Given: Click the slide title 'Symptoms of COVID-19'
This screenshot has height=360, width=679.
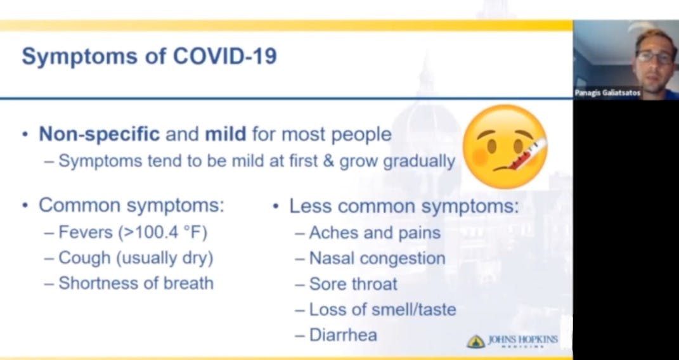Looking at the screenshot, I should pyautogui.click(x=149, y=56).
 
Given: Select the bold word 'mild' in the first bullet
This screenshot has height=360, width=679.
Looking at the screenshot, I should pyautogui.click(x=224, y=134).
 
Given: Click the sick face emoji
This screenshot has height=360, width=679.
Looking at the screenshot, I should pyautogui.click(x=504, y=146).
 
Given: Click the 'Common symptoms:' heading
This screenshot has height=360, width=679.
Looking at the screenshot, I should pyautogui.click(x=131, y=205).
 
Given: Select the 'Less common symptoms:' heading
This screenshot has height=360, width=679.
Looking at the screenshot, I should pyautogui.click(x=404, y=206).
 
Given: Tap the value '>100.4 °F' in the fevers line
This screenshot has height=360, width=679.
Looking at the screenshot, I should pyautogui.click(x=163, y=232).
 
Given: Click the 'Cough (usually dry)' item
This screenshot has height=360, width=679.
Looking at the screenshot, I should pyautogui.click(x=136, y=258).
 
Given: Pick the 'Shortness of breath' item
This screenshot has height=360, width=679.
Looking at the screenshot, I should pyautogui.click(x=136, y=283).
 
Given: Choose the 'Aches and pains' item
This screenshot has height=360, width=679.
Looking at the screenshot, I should pyautogui.click(x=374, y=233).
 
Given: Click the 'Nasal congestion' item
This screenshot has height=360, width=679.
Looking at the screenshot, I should pyautogui.click(x=377, y=259).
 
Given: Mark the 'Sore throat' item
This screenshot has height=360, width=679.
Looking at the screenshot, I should pyautogui.click(x=353, y=284).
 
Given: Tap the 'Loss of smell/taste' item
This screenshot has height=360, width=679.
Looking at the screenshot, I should pyautogui.click(x=382, y=309).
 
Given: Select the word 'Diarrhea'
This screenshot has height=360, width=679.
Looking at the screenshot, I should pyautogui.click(x=343, y=334).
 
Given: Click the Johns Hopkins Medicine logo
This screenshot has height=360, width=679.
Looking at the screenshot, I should pyautogui.click(x=512, y=341).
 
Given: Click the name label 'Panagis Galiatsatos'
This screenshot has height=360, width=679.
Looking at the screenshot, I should pyautogui.click(x=607, y=93).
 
